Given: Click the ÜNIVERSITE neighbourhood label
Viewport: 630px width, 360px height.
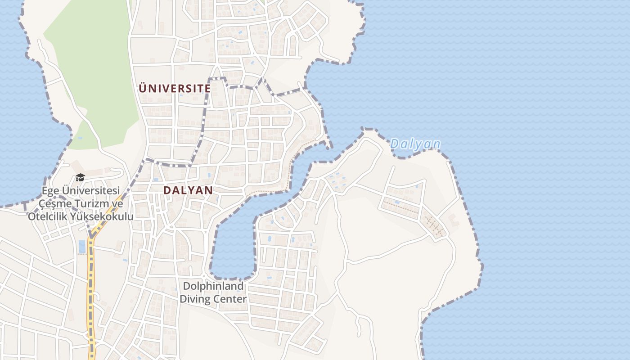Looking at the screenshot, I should [175, 88].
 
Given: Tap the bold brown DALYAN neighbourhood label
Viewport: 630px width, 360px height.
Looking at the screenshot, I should [188, 190].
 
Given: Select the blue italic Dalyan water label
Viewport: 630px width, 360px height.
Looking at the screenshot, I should [415, 144].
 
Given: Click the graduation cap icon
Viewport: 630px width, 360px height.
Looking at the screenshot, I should [80, 177].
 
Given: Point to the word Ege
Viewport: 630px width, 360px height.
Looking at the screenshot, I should [50, 191].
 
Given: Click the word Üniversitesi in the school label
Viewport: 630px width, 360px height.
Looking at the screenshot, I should [90, 191].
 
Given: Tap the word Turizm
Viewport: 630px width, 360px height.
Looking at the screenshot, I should [91, 204].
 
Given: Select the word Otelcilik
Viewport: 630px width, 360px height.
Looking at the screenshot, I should [47, 216].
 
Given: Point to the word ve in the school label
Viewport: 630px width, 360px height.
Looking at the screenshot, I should [117, 204].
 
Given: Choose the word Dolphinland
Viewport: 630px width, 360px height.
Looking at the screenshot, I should [213, 286].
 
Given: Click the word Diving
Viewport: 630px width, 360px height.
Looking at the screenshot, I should [196, 299].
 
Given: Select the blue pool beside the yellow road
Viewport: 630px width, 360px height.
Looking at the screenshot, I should [82, 246].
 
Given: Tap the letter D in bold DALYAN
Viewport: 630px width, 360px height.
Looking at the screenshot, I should [167, 190].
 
